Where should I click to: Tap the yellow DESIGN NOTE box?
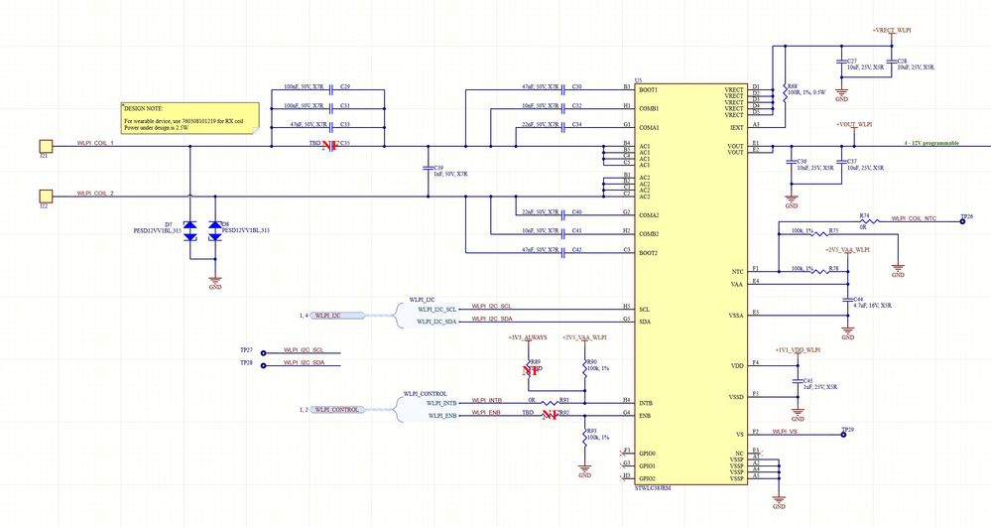click(x=187, y=116)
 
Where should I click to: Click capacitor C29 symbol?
click(x=330, y=87)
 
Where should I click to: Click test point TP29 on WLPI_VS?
click(x=842, y=434)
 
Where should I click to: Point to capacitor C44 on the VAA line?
click(x=847, y=299)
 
